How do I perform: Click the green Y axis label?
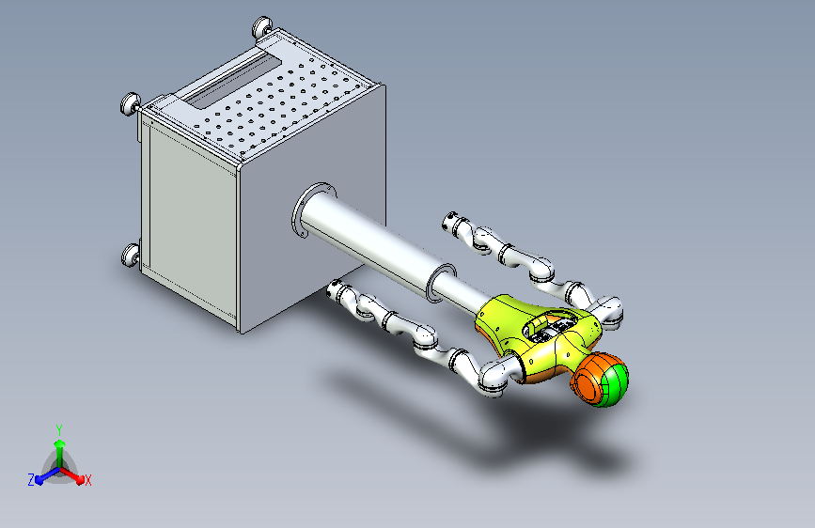(x=59, y=429)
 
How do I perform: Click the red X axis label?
(x=87, y=480)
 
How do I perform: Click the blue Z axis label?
(x=31, y=480)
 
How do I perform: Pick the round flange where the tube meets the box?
(x=306, y=209)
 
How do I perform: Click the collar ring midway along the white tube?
(x=440, y=282)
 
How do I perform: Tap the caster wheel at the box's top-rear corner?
(x=262, y=27)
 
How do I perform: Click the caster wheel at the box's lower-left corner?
(x=130, y=255)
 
